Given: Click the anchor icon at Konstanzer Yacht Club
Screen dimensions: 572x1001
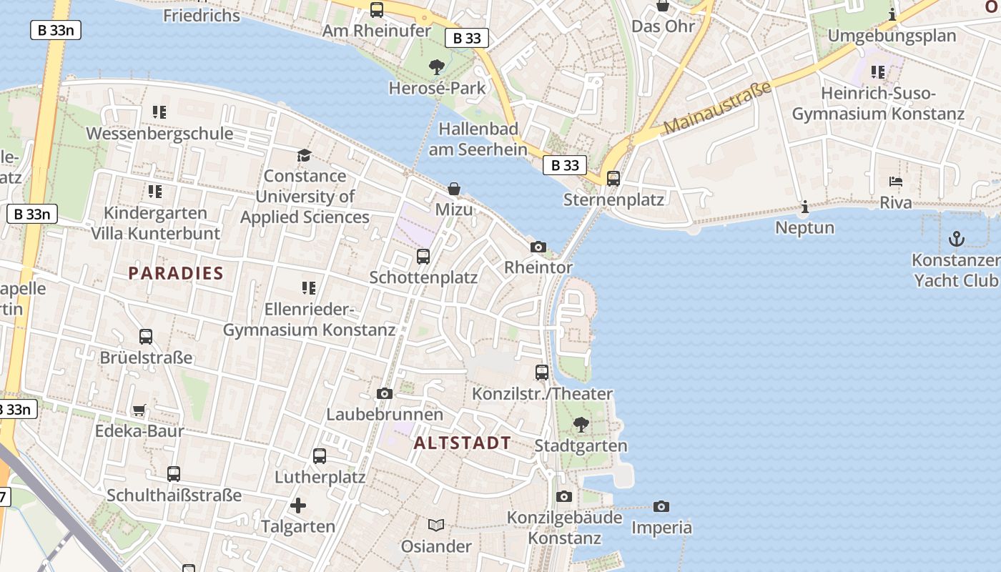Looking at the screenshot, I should (x=956, y=239).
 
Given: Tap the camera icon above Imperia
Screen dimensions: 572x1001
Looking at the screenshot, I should (x=661, y=506).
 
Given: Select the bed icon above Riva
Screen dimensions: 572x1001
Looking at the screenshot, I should (x=896, y=182).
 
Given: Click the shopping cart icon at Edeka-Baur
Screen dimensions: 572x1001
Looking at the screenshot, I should (x=139, y=410).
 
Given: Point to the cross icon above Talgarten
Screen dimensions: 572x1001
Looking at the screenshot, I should (x=298, y=506).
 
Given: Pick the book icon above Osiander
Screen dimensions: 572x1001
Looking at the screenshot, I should (x=436, y=526).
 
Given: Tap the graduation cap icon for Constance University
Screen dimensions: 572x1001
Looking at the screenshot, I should (x=305, y=155).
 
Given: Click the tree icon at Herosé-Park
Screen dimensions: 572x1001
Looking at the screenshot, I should (x=436, y=67).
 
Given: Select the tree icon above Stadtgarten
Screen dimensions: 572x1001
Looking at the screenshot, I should (x=581, y=425).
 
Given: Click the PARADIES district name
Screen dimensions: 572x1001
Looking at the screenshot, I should (x=176, y=273).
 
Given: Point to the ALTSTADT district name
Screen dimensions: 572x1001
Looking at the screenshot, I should (x=463, y=443).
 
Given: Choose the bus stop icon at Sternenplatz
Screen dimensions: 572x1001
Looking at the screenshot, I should (x=613, y=179).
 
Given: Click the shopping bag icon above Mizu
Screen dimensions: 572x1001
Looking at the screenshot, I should (x=454, y=189).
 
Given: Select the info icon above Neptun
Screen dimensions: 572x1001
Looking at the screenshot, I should (x=805, y=207).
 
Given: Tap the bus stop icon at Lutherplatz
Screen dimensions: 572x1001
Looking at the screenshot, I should (x=320, y=456).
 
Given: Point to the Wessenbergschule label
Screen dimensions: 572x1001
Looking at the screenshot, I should (x=159, y=133).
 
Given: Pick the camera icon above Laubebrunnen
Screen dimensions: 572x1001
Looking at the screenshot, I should (x=385, y=393).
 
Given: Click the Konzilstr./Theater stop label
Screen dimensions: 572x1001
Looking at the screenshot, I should (x=543, y=394).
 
